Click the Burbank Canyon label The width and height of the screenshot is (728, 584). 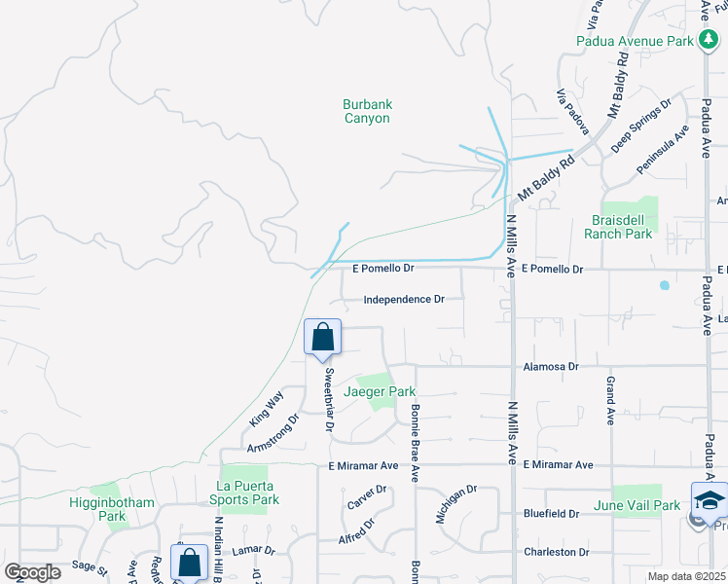(366, 111)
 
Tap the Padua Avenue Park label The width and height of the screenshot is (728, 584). (648, 41)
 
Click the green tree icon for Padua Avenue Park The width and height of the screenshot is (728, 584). (708, 41)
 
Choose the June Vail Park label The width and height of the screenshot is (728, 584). (637, 505)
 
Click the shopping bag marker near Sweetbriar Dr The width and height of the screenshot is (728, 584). (323, 339)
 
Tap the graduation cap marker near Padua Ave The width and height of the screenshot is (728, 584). (710, 501)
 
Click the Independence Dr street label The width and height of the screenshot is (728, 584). (404, 300)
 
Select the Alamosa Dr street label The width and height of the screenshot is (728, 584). (551, 367)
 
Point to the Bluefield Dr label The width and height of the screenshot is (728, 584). (551, 513)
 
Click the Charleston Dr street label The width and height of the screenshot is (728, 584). (551, 552)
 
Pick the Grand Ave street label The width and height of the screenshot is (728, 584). (611, 402)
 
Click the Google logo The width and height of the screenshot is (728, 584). (32, 572)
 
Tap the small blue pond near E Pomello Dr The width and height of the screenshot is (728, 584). (664, 285)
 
